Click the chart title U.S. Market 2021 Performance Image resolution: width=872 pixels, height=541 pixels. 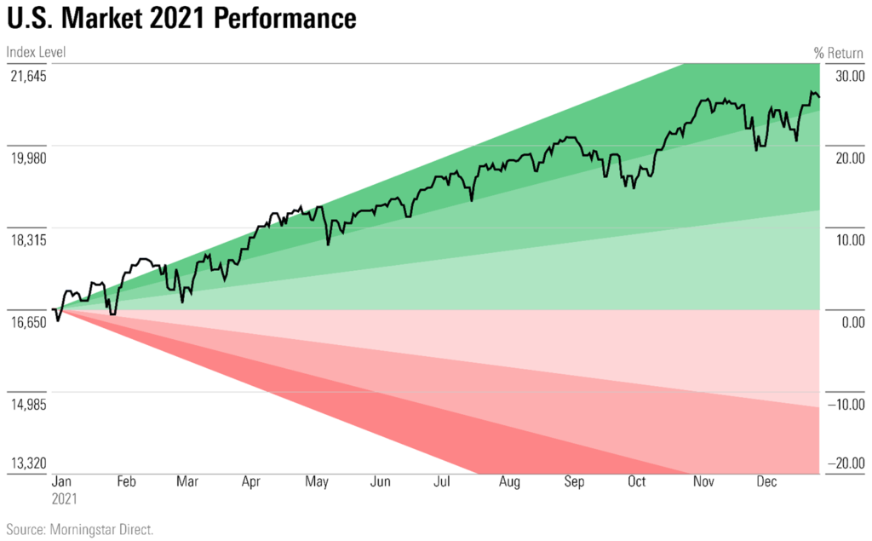tap(181, 20)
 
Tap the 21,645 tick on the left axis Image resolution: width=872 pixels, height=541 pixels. tap(27, 76)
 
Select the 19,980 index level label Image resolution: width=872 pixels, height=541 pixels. tap(27, 158)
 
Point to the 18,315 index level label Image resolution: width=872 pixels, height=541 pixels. tap(27, 240)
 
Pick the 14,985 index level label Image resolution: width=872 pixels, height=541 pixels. tap(27, 405)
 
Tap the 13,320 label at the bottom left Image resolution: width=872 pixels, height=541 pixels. tap(27, 464)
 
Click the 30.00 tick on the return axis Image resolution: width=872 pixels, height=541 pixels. tap(846, 76)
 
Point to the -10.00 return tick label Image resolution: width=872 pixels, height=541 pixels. tap(845, 405)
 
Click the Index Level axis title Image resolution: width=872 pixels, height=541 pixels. tap(36, 53)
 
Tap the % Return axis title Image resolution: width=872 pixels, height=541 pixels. tap(838, 53)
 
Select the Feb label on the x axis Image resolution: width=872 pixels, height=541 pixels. tap(126, 482)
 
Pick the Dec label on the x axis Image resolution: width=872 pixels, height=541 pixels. tap(767, 482)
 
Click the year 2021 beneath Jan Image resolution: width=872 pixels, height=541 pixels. tap(66, 498)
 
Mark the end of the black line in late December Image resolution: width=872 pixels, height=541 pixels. tap(819, 96)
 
